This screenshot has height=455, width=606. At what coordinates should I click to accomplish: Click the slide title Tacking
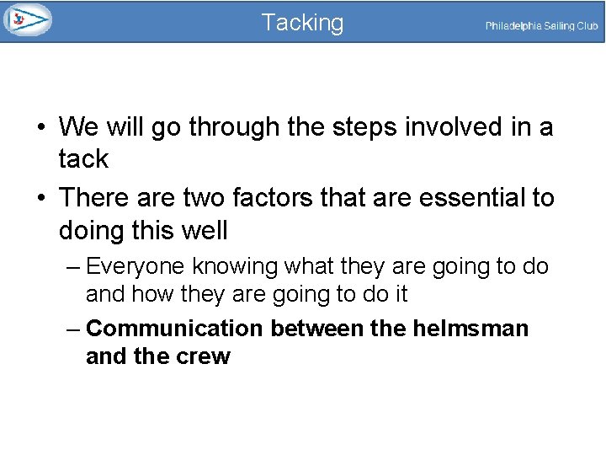click(302, 23)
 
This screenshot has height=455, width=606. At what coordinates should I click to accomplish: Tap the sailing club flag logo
click(27, 19)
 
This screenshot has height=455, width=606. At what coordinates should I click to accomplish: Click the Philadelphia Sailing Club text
click(541, 26)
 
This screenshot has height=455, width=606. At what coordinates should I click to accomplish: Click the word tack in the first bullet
click(83, 159)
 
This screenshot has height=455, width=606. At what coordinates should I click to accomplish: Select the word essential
click(469, 198)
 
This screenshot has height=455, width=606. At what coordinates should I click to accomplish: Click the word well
click(203, 230)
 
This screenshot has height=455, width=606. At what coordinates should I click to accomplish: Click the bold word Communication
click(175, 328)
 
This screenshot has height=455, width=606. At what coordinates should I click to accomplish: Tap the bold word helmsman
click(470, 328)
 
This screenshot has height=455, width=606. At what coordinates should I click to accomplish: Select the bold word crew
click(202, 356)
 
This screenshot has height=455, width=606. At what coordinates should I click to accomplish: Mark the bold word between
click(317, 328)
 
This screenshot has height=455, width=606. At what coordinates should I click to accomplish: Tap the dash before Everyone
click(72, 267)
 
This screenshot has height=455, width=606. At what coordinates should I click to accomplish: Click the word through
click(234, 127)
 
